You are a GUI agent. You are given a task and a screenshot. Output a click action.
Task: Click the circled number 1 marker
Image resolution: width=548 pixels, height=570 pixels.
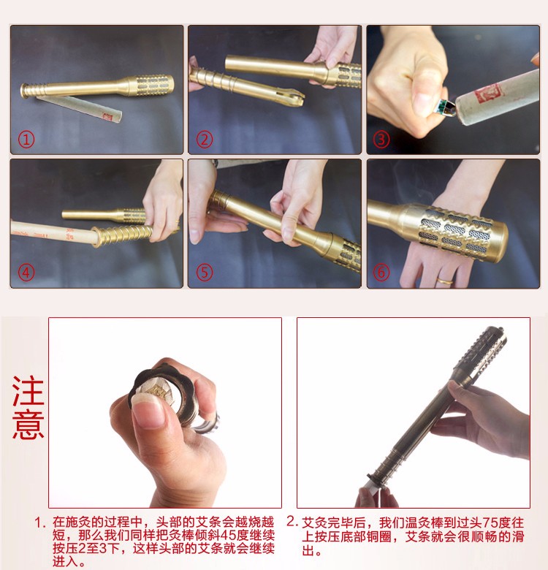tap(26, 140)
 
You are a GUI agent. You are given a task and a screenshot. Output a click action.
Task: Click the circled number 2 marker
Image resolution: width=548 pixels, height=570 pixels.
tap(205, 140)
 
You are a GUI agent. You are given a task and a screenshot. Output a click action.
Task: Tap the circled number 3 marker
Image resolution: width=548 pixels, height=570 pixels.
tap(381, 140)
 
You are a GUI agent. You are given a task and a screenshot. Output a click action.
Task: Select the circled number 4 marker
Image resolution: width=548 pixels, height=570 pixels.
tap(26, 273)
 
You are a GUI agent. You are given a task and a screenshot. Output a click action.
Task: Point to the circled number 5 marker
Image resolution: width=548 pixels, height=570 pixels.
tap(205, 273)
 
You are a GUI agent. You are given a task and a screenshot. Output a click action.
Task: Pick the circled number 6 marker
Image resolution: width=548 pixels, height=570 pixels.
tap(381, 273)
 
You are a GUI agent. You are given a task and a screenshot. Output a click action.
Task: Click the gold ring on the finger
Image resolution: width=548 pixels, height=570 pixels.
tap(445, 281)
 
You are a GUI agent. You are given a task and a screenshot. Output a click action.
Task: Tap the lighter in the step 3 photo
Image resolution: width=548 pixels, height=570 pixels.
tap(446, 108)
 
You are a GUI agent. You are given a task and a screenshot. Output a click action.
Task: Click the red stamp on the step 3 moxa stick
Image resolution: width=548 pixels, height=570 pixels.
tap(488, 93)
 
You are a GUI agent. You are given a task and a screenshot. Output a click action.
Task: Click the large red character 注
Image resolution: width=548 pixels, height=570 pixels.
tap(28, 391)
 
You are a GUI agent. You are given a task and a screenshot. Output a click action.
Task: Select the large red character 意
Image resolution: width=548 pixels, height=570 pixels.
tap(28, 424)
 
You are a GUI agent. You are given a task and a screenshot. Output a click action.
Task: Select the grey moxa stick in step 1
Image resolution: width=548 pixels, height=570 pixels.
tap(79, 108)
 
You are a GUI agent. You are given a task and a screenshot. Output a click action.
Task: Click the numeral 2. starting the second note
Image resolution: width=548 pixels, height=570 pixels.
tap(292, 522)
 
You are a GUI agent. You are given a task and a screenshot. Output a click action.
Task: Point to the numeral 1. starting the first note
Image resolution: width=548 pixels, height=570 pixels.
tap(40, 523)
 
